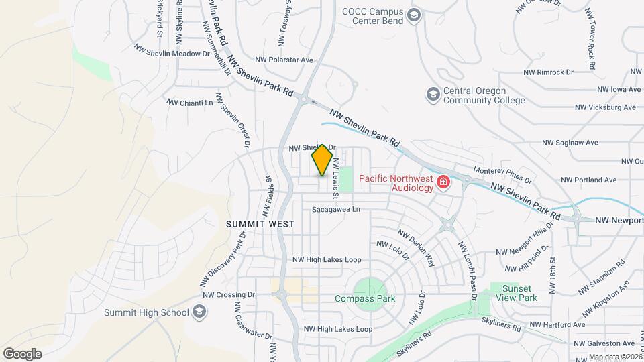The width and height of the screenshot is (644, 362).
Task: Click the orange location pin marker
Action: click(x=323, y=160)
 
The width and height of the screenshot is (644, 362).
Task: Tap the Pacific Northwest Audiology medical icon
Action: click(x=443, y=182)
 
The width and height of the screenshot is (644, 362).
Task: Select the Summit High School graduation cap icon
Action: click(x=199, y=312)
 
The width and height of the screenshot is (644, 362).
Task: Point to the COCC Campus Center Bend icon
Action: click(x=414, y=15)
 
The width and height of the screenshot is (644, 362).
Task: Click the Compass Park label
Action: click(x=365, y=298)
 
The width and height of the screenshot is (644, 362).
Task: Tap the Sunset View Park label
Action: click(x=515, y=293)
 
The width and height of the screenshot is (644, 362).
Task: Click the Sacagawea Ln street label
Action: click(x=336, y=209)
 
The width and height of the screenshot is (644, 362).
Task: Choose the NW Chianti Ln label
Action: click(x=190, y=103)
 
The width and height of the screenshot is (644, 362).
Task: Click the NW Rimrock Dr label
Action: click(x=549, y=72)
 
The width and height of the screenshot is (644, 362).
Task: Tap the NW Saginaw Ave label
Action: click(x=570, y=143)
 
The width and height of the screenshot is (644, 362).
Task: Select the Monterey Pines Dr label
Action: click(x=502, y=176)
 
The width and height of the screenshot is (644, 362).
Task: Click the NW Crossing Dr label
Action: click(x=229, y=294)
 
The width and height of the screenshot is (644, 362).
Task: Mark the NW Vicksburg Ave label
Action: click(x=605, y=107)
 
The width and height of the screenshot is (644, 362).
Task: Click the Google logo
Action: click(x=22, y=353)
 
